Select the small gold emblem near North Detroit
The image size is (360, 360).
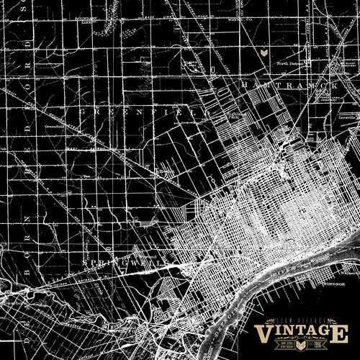pyautogui.click(x=265, y=53)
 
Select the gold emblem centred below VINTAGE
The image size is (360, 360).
pyautogui.click(x=301, y=347)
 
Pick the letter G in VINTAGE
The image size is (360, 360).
pyautogui.click(x=322, y=333)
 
